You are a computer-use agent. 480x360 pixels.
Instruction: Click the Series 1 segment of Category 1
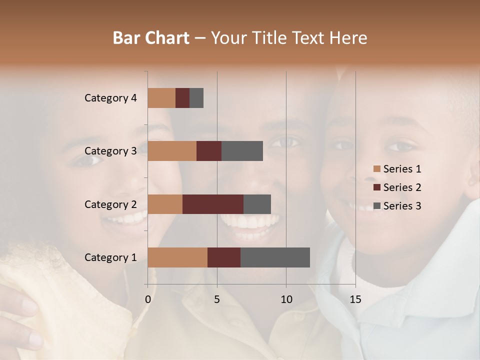tap(177, 257)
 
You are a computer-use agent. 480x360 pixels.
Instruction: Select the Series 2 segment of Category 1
tap(224, 257)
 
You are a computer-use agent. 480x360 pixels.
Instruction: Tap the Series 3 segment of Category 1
tap(275, 257)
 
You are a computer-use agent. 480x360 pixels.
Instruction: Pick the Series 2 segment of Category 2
tap(213, 204)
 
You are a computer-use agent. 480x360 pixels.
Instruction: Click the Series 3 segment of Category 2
tap(257, 204)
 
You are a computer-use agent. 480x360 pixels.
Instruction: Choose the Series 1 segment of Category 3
tap(172, 151)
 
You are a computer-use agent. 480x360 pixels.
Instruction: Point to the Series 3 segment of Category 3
tap(242, 151)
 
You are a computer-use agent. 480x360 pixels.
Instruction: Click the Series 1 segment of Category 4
tap(161, 98)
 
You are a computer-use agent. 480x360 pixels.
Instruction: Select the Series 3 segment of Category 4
tap(196, 98)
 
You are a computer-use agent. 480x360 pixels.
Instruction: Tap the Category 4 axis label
tap(110, 98)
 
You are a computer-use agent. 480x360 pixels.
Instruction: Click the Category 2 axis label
tap(110, 204)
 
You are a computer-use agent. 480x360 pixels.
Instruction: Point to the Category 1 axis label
tap(110, 257)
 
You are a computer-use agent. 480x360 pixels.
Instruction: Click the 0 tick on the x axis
tap(148, 299)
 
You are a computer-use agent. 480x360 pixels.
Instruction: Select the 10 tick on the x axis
tap(286, 299)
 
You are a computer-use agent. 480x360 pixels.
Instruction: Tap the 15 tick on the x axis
tap(355, 299)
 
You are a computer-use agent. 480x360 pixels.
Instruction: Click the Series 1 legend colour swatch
tap(377, 169)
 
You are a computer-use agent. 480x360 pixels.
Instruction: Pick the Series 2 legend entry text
tap(402, 187)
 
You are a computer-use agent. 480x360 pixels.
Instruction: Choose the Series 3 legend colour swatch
tap(377, 206)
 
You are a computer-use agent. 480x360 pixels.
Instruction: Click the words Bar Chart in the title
tap(151, 38)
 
